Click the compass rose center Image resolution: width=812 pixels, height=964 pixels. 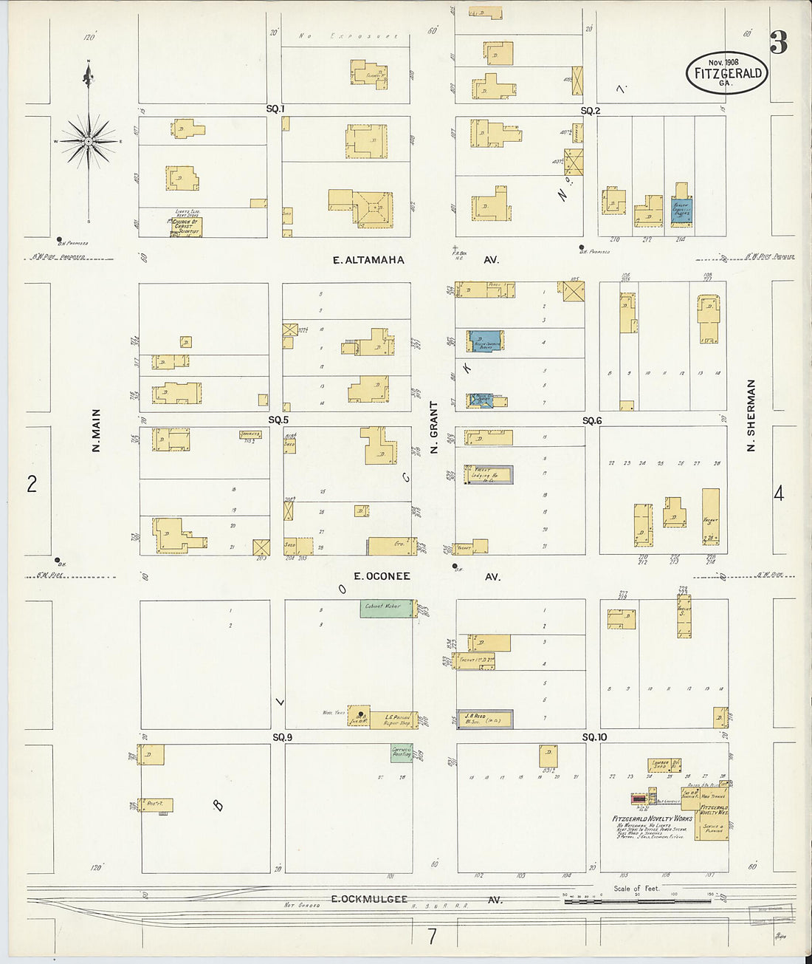(x=89, y=140)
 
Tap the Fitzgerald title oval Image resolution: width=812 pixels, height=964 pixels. (x=727, y=72)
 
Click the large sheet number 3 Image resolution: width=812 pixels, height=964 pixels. (x=778, y=43)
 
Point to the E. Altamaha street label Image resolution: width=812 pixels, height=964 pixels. (x=368, y=260)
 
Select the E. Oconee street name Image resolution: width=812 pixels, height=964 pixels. (x=382, y=576)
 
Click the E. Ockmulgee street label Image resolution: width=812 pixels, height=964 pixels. (x=368, y=899)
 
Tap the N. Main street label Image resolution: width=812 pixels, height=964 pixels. (x=96, y=431)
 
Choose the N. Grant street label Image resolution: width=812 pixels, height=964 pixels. (x=434, y=428)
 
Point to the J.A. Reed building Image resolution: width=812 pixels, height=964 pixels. (x=484, y=718)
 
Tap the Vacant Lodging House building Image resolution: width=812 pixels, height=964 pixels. (x=487, y=474)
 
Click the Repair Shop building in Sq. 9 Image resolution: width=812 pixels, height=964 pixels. (x=397, y=719)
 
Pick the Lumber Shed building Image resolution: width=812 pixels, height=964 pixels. (x=659, y=765)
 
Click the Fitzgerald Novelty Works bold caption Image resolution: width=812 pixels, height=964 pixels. (x=653, y=818)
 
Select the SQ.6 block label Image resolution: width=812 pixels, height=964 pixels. (x=592, y=420)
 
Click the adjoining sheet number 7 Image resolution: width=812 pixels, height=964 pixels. (x=432, y=937)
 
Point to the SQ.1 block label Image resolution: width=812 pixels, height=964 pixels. (x=276, y=109)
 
